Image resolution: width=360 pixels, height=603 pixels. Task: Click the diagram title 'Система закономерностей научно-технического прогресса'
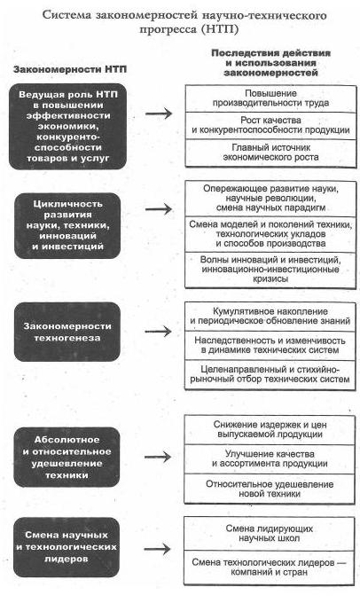[184, 22]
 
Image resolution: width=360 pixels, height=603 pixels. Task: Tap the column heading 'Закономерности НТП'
[70, 69]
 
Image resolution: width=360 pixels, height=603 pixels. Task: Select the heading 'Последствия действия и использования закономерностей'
[270, 63]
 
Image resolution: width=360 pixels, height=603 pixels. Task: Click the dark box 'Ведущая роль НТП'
[67, 126]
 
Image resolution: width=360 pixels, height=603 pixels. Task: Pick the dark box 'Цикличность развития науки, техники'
[67, 225]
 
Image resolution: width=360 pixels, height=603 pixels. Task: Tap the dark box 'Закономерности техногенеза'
[67, 332]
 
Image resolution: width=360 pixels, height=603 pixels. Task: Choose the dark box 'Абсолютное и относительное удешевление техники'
[67, 458]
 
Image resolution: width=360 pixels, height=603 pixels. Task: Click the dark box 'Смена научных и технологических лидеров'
[67, 547]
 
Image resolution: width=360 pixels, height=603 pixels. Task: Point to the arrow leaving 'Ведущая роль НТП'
[159, 114]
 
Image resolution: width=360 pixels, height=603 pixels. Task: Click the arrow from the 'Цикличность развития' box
[159, 209]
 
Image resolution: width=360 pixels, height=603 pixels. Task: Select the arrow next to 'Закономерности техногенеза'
[158, 332]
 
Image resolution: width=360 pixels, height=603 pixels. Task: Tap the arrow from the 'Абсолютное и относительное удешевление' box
[158, 457]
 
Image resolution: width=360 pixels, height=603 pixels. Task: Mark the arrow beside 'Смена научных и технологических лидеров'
[157, 549]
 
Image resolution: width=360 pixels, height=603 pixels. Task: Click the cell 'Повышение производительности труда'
[270, 98]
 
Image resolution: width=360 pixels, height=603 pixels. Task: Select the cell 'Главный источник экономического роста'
[270, 153]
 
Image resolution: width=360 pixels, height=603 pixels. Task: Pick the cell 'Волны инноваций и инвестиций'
[270, 270]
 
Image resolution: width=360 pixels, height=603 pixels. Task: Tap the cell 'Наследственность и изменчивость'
[270, 345]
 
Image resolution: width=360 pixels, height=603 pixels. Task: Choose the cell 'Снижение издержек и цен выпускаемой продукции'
[270, 429]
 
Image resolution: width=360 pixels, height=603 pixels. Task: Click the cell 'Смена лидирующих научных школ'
[270, 534]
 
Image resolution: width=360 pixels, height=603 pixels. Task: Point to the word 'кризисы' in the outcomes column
[270, 279]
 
